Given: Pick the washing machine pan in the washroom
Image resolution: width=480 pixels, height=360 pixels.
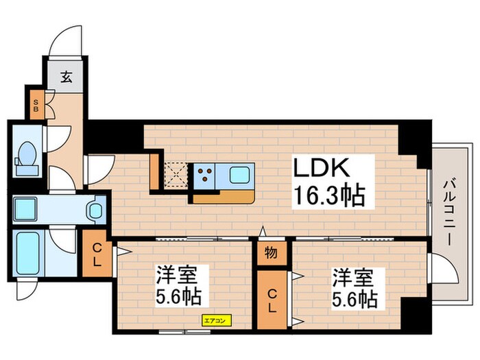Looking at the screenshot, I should [27, 208].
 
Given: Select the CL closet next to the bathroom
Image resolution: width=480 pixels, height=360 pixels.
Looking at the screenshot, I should [97, 254].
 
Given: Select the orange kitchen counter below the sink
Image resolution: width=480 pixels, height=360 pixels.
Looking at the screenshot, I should [223, 197].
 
